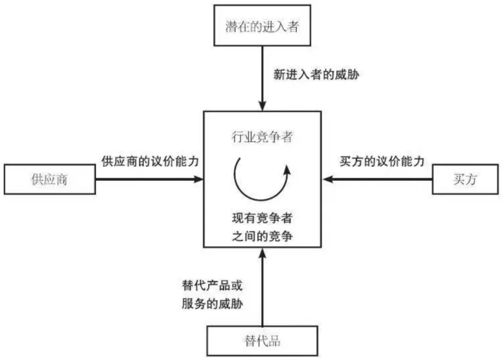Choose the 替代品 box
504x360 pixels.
coord(262,341)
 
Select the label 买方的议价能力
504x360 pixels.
coord(380,162)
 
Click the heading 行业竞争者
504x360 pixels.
coord(263,137)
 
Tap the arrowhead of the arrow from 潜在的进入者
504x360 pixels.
coord(262,107)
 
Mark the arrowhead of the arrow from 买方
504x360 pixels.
coord(328,180)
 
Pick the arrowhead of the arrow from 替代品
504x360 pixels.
coord(262,253)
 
